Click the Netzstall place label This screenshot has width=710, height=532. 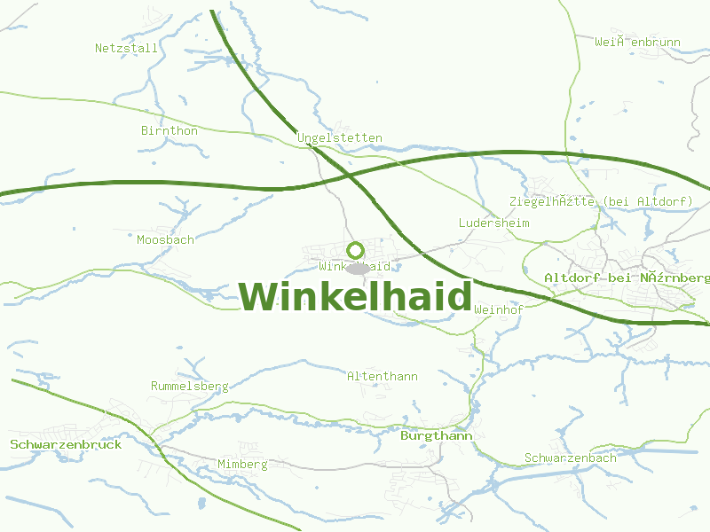point(126,48)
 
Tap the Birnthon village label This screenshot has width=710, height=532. point(170,130)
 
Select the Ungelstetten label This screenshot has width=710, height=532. point(340,137)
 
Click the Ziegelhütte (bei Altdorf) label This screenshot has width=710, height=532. point(601,201)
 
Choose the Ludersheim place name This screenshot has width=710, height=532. point(493,223)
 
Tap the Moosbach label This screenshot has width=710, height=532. point(165,239)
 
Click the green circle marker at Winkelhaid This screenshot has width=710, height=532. point(356,250)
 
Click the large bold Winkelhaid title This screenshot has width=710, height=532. point(355,296)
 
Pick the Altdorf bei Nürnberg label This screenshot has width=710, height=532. point(627,278)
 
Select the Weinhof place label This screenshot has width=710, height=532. point(499,309)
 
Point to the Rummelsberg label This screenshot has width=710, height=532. point(190,386)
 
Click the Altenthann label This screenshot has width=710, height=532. point(383,376)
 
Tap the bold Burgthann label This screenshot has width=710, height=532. point(437,436)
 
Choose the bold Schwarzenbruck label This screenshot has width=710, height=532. point(66,444)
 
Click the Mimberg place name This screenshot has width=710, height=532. point(242,464)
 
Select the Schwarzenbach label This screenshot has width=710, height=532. point(570,458)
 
